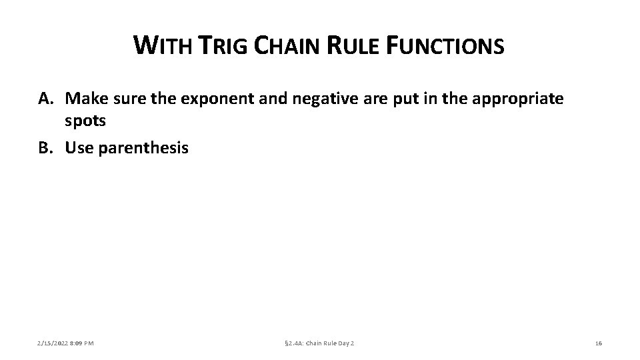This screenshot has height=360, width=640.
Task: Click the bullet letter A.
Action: coord(45,99)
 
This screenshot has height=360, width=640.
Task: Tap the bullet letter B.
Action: coord(45,147)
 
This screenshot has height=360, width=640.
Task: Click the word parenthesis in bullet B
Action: coord(143,147)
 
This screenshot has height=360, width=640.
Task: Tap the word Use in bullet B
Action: coord(79,147)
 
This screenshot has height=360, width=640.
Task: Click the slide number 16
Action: coord(598,343)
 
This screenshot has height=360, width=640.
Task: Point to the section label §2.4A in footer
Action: coord(295,343)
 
